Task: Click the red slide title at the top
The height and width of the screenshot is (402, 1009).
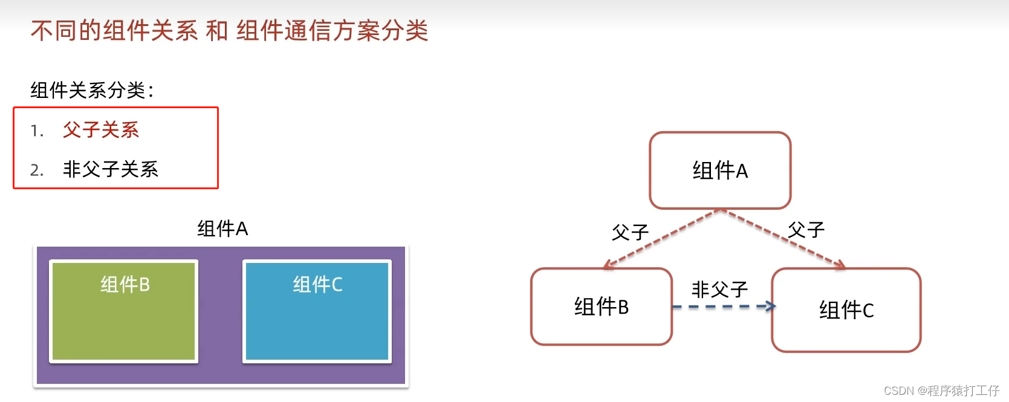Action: pos(229,30)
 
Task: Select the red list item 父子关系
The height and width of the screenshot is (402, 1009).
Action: pos(101,130)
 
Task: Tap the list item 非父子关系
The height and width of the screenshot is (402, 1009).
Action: pos(111,169)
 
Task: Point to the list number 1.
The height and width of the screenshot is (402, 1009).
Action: pos(36,131)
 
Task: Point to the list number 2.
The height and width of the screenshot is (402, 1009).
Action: pos(36,170)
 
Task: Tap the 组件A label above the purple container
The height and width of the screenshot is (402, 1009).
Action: pos(222,229)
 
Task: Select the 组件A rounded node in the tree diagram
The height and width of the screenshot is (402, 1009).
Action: pos(720,170)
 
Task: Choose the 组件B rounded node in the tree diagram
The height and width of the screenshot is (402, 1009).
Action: pos(602,306)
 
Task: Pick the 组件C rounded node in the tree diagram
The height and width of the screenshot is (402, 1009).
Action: pos(846,310)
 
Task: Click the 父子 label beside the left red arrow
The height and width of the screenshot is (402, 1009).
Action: pos(630,232)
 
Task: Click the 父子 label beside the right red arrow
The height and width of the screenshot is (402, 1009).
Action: pos(806,230)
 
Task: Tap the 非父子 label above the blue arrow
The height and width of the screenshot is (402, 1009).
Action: pos(719,290)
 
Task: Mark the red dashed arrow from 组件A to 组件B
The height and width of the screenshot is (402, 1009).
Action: pos(662,239)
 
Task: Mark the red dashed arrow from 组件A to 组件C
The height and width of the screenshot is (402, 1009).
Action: pos(783,239)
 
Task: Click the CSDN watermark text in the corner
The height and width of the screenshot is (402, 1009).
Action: pos(941,391)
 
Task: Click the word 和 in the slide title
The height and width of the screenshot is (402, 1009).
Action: pos(216,30)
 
